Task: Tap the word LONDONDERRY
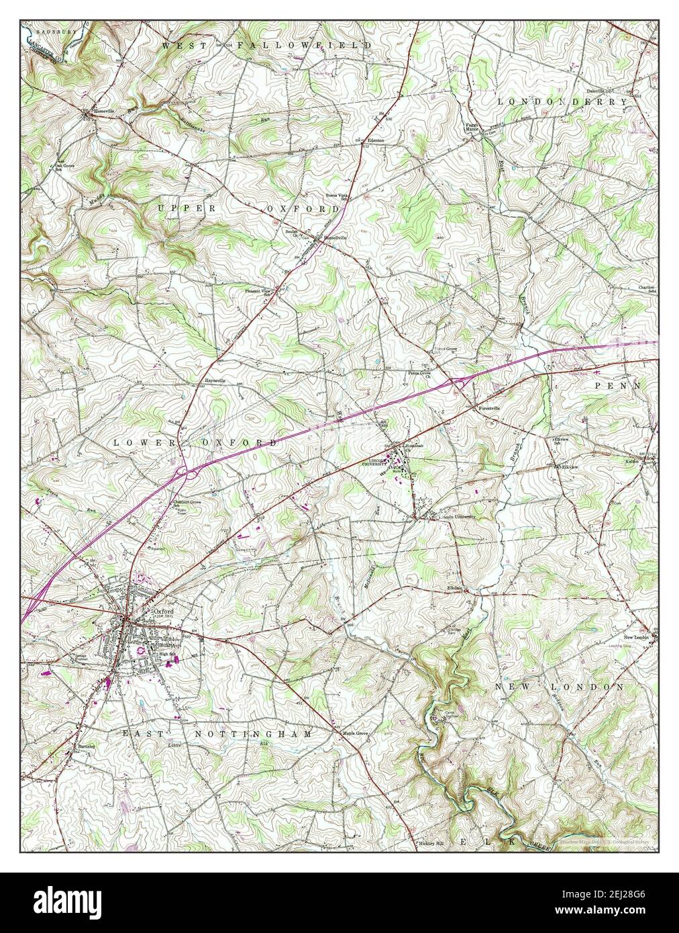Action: coord(563,101)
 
